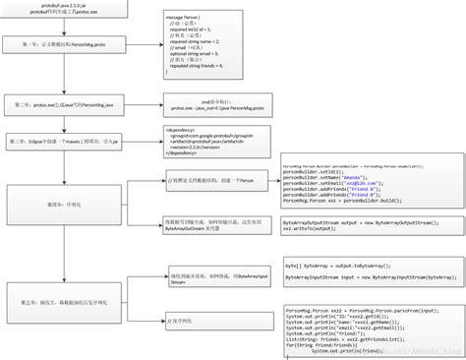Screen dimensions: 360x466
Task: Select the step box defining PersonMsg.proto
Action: [x=64, y=45]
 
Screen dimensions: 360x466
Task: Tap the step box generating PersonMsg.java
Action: [x=64, y=103]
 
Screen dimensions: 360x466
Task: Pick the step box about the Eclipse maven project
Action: [x=64, y=141]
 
